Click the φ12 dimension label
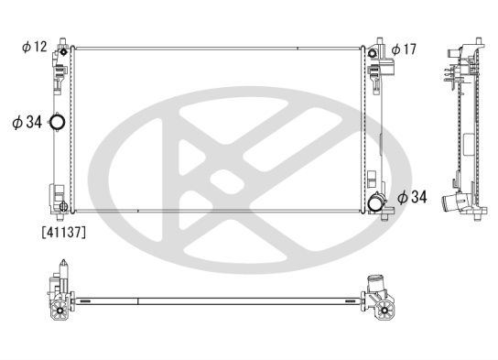[35, 47]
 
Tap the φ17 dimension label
[404, 49]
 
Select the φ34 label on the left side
[27, 122]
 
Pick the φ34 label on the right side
[412, 197]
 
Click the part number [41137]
[64, 233]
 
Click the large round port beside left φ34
[58, 122]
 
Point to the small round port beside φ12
[64, 51]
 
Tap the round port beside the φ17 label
[373, 53]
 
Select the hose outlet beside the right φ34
[375, 203]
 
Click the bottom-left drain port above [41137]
[63, 206]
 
